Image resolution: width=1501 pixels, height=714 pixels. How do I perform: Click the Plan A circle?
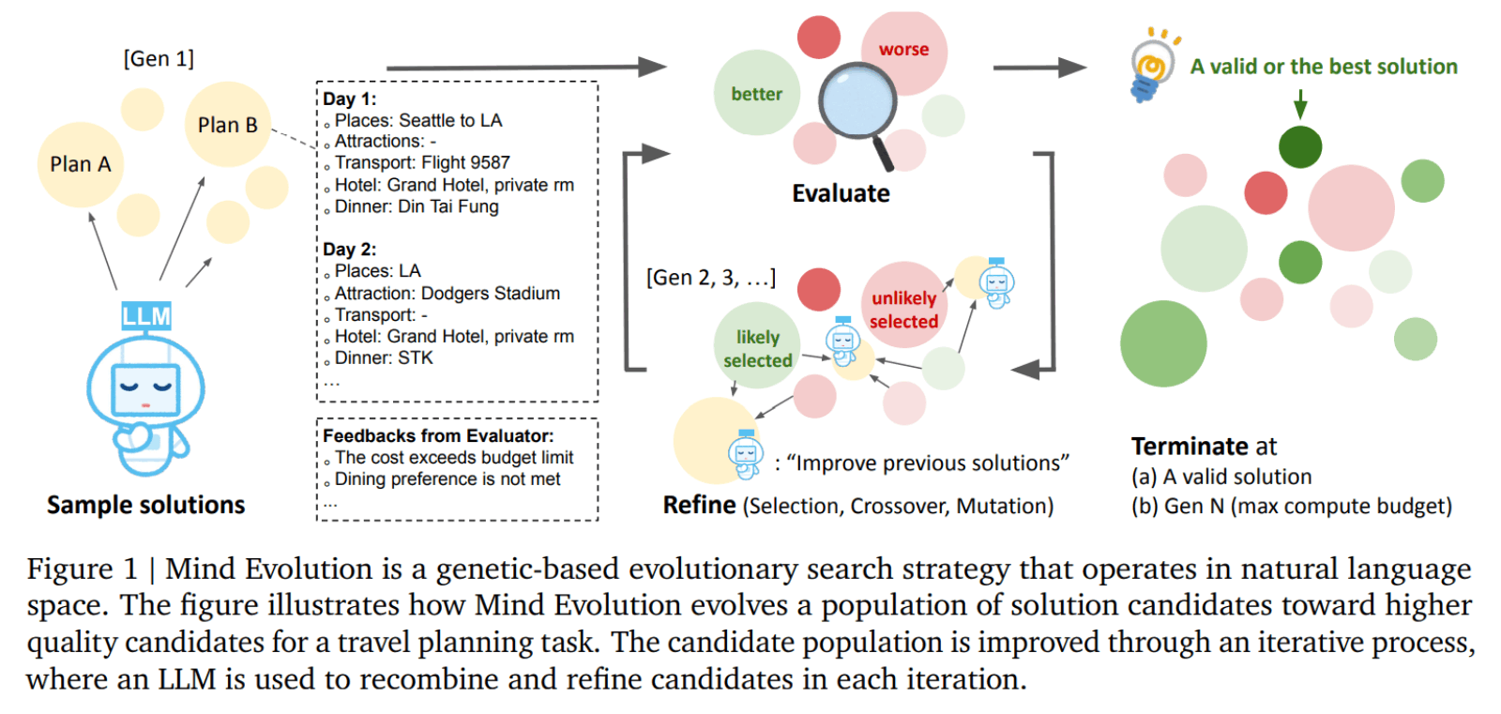pyautogui.click(x=81, y=164)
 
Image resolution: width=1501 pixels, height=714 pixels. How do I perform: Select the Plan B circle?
pyautogui.click(x=227, y=125)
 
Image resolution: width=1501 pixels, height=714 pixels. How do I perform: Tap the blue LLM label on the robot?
pyautogui.click(x=146, y=316)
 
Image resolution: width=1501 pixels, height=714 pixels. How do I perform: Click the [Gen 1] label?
pyautogui.click(x=159, y=58)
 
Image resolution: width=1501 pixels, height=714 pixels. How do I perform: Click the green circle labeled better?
pyautogui.click(x=756, y=93)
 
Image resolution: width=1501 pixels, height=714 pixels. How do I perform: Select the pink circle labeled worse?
pyautogui.click(x=903, y=50)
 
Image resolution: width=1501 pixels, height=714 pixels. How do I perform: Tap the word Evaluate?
pyautogui.click(x=841, y=193)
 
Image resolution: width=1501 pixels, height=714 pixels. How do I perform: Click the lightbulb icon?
pyautogui.click(x=1151, y=64)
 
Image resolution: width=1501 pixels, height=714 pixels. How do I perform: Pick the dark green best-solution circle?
pyautogui.click(x=1300, y=147)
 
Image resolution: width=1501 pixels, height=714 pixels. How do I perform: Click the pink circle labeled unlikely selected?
pyautogui.click(x=903, y=308)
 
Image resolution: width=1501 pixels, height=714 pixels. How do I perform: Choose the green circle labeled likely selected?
pyautogui.click(x=757, y=347)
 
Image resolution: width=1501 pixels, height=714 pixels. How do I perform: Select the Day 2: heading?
pyautogui.click(x=349, y=249)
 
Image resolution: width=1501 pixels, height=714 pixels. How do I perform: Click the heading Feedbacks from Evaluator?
pyautogui.click(x=438, y=435)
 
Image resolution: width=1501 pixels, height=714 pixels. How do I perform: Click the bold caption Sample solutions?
pyautogui.click(x=145, y=505)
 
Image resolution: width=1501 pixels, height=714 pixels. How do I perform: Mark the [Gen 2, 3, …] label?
pyautogui.click(x=710, y=278)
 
